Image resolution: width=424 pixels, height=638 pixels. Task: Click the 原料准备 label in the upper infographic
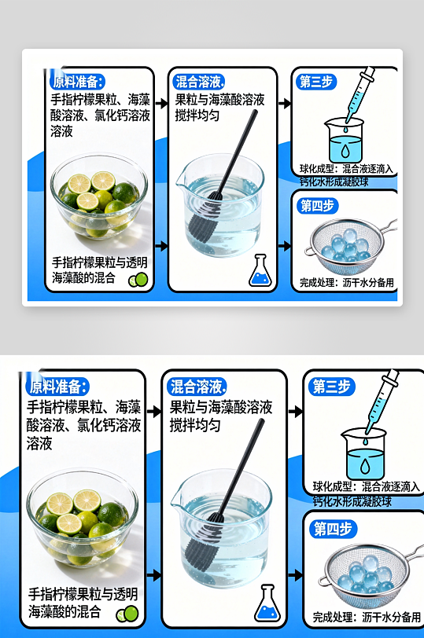[77, 81]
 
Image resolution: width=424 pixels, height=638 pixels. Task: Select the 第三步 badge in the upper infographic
[316, 81]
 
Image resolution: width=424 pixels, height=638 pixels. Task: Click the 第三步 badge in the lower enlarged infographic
[331, 387]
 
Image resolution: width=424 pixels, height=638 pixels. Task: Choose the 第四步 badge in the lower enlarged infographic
[332, 528]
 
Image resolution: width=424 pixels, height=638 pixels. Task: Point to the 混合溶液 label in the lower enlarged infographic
[196, 386]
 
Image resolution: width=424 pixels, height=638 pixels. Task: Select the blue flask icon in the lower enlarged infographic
[267, 603]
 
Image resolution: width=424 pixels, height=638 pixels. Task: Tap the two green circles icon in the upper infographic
[138, 278]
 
